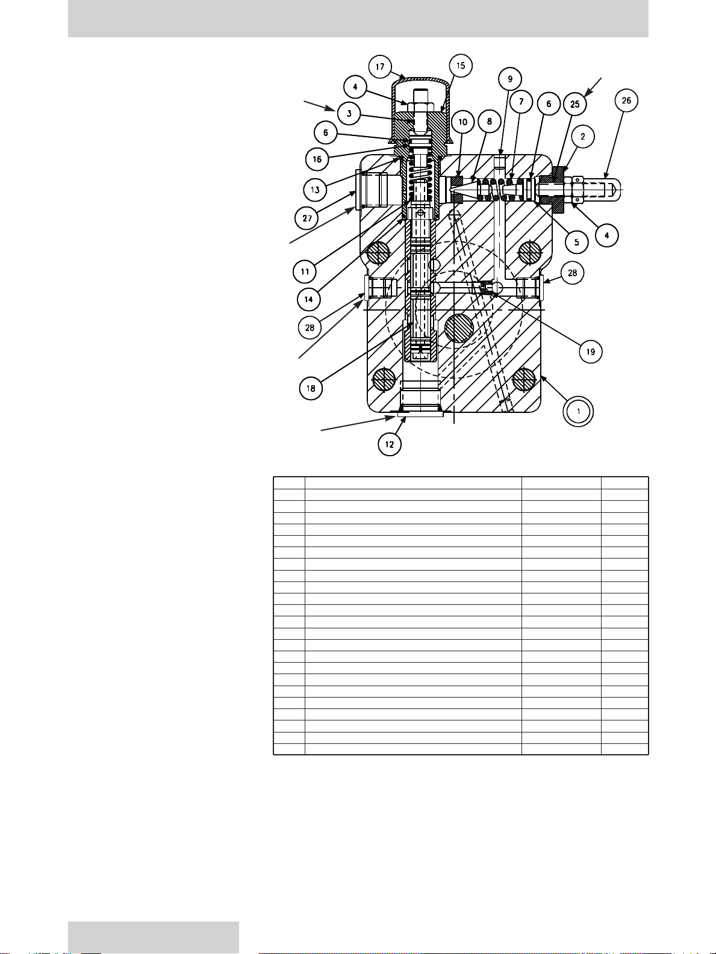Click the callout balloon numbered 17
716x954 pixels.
click(x=380, y=67)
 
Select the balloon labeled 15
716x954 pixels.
click(x=461, y=66)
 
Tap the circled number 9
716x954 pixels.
click(x=510, y=79)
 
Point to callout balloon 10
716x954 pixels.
click(x=462, y=122)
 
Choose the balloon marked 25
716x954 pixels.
click(x=574, y=104)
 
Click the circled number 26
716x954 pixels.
click(x=626, y=101)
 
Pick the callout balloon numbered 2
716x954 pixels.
click(x=583, y=137)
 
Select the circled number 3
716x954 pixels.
click(x=349, y=114)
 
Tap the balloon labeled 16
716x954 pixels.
click(x=317, y=159)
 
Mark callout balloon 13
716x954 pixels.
click(x=315, y=190)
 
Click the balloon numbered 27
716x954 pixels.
click(x=307, y=218)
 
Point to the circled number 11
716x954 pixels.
click(x=305, y=271)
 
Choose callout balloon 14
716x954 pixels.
click(x=309, y=300)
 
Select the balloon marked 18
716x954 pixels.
click(x=311, y=388)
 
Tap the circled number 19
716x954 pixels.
click(x=590, y=352)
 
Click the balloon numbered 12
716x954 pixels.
click(x=389, y=444)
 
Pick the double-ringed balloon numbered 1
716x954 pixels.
click(x=578, y=411)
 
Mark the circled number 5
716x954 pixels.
click(x=576, y=242)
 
